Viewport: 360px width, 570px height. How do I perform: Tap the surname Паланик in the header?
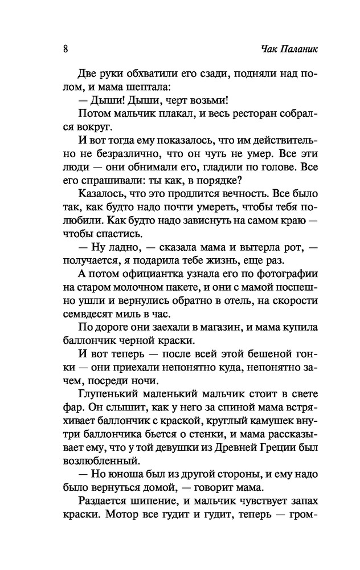coord(296,49)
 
